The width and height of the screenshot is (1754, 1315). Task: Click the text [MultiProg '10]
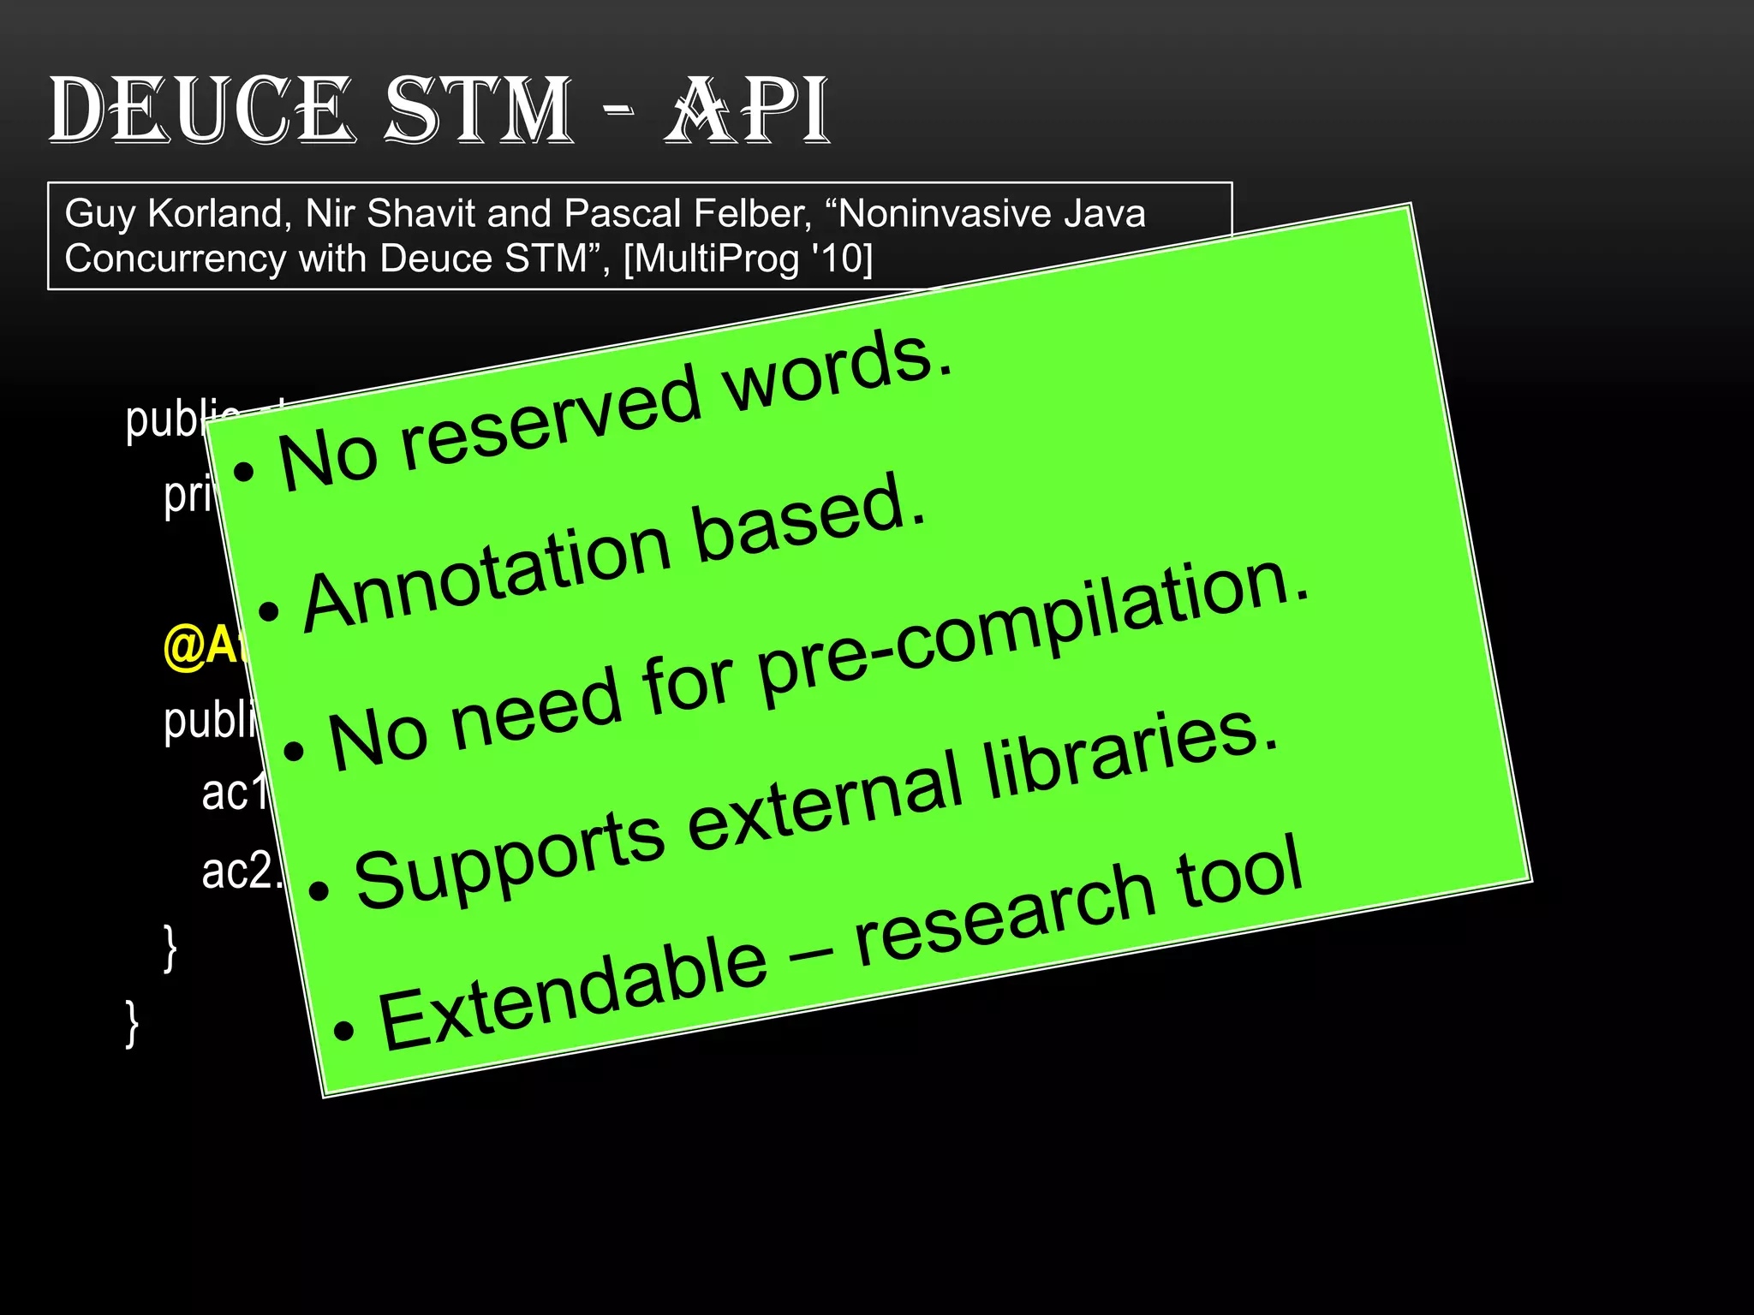pyautogui.click(x=748, y=259)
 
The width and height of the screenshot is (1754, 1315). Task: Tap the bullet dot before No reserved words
pyautogui.click(x=244, y=471)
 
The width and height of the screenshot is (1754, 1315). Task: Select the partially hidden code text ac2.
pyautogui.click(x=240, y=871)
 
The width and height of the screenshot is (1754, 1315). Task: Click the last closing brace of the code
pyautogui.click(x=132, y=1023)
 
